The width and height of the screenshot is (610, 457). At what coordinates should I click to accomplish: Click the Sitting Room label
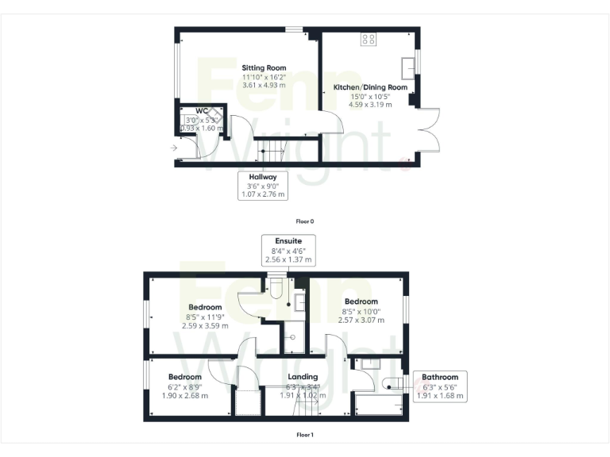pyautogui.click(x=264, y=68)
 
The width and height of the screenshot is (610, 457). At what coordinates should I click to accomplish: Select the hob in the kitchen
pyautogui.click(x=369, y=38)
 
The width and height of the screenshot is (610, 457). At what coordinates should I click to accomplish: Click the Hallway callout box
pyautogui.click(x=262, y=185)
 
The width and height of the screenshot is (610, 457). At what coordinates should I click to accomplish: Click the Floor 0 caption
pyautogui.click(x=306, y=221)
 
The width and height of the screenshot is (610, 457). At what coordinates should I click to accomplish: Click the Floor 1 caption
pyautogui.click(x=305, y=435)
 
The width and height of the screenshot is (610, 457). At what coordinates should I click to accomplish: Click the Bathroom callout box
pyautogui.click(x=440, y=386)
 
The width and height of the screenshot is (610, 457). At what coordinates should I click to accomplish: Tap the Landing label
pyautogui.click(x=303, y=377)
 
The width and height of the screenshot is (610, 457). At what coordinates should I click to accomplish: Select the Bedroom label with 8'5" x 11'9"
pyautogui.click(x=205, y=307)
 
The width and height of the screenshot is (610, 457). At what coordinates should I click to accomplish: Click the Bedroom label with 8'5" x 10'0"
pyautogui.click(x=361, y=301)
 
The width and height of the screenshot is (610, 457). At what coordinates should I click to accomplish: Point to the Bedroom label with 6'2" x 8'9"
pyautogui.click(x=184, y=377)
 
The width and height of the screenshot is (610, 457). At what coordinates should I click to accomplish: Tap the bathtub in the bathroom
pyautogui.click(x=378, y=404)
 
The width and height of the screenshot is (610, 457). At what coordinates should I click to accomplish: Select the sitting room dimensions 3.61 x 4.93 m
pyautogui.click(x=264, y=85)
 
